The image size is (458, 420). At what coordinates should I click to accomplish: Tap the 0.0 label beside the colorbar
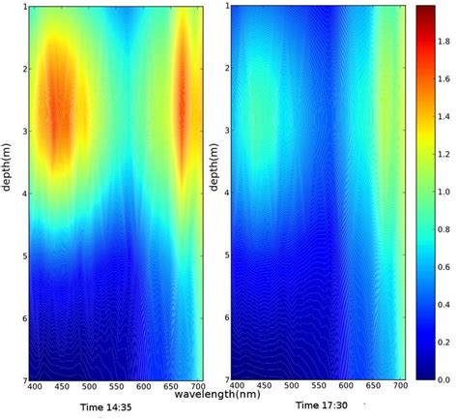point(445,380)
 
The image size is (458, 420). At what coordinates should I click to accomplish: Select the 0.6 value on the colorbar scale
point(445,267)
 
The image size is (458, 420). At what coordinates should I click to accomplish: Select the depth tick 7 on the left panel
point(21,378)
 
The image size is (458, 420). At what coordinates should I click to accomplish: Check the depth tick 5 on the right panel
point(226,255)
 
